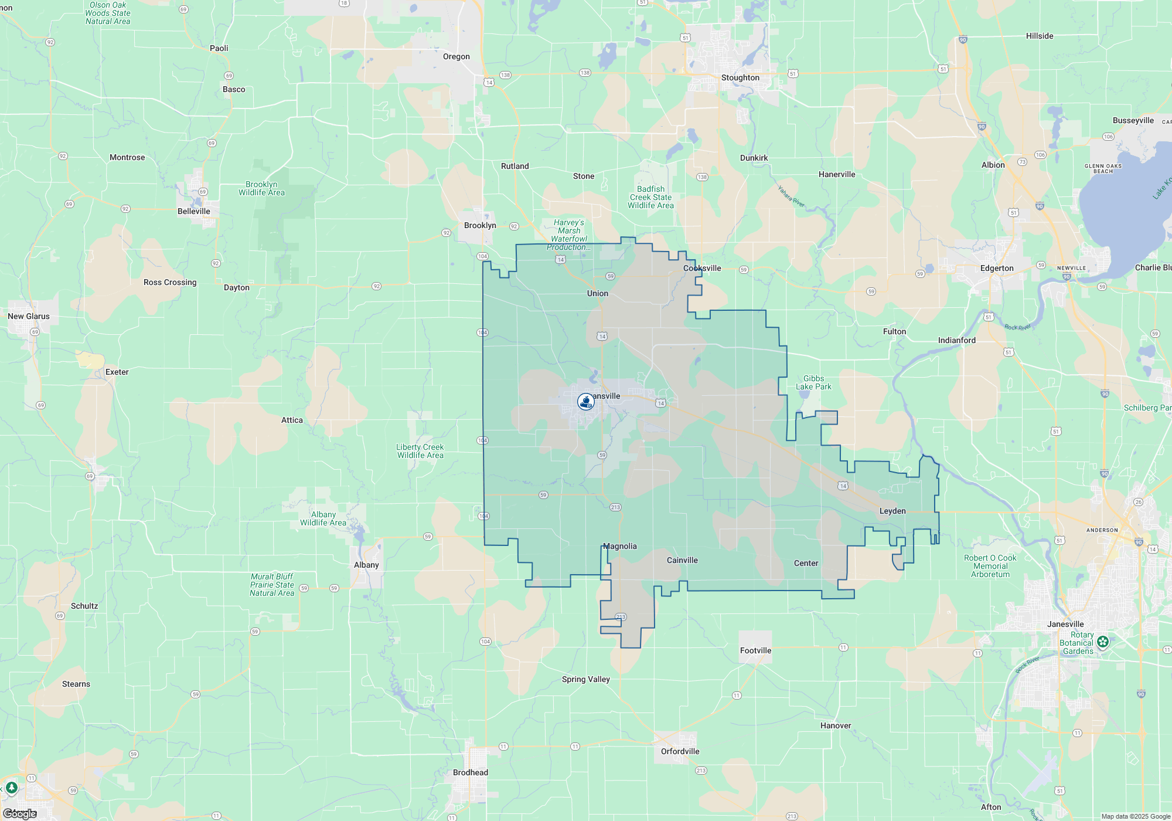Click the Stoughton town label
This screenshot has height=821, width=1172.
740,78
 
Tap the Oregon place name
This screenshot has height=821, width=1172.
456,57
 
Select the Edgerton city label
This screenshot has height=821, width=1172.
996,269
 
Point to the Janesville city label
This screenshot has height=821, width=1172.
1065,624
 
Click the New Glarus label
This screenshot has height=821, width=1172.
29,317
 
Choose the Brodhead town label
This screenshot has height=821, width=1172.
470,773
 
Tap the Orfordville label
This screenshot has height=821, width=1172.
680,752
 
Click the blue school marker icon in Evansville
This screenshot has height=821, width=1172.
585,402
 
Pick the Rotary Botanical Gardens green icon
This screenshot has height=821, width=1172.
1103,642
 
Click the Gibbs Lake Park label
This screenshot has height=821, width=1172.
813,383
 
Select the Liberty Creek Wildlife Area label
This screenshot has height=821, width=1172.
420,452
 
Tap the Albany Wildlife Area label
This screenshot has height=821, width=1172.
323,519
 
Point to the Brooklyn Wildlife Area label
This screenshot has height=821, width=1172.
261,189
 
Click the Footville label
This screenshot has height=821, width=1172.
755,651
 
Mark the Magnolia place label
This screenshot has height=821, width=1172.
620,547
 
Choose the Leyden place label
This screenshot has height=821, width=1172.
892,511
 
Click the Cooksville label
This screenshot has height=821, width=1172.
702,269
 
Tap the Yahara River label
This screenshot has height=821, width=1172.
791,196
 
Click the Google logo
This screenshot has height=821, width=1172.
20,814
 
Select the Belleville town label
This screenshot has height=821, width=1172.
193,212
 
